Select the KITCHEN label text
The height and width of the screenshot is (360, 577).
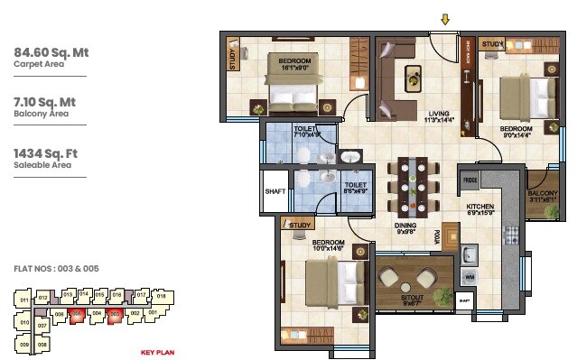tap(481, 207)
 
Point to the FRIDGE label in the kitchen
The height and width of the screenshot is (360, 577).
tap(470, 180)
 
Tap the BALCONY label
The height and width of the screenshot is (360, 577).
tap(543, 192)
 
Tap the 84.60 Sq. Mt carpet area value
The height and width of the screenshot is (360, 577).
tap(51, 52)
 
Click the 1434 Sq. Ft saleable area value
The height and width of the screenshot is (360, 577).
tap(48, 155)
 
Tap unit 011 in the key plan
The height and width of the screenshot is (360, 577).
tap(23, 300)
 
